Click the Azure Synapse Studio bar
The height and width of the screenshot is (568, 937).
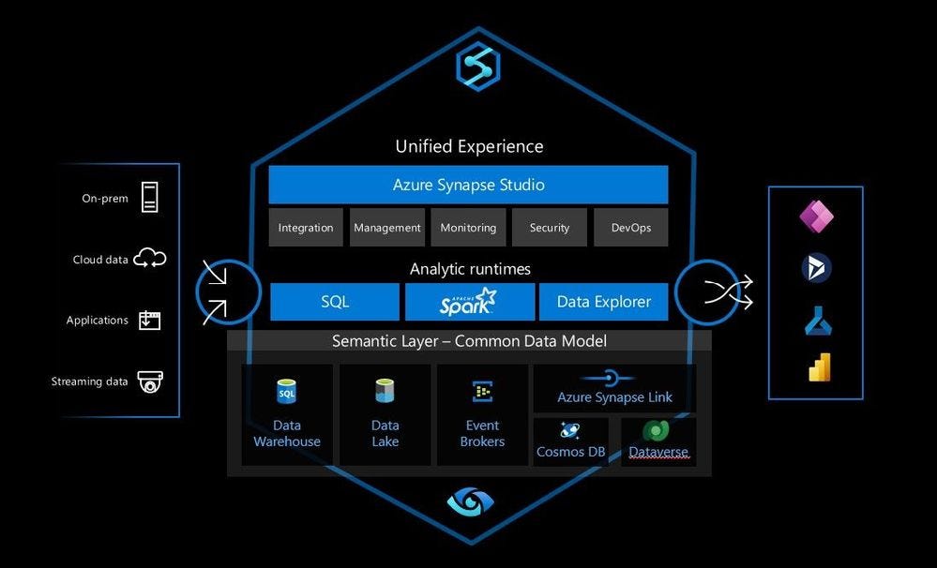[469, 185]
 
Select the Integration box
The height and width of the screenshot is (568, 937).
[306, 228]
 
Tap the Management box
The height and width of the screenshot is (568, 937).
[387, 228]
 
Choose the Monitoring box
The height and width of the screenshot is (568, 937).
[468, 228]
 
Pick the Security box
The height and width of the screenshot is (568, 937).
[550, 228]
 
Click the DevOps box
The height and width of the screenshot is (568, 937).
[631, 228]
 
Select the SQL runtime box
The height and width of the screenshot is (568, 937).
[335, 302]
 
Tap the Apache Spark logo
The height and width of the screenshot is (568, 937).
[469, 302]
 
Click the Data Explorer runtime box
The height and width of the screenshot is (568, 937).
[603, 302]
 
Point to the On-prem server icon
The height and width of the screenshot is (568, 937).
[149, 197]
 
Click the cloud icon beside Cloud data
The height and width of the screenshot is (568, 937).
[149, 258]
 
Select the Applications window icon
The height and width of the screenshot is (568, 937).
[149, 321]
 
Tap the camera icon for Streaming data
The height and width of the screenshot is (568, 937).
[149, 381]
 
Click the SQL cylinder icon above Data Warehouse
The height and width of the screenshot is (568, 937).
[287, 391]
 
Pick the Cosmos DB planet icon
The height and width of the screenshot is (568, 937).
[569, 430]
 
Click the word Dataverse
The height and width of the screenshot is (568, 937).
[658, 452]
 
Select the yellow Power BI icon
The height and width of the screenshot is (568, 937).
[819, 367]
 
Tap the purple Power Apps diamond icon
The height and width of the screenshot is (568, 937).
[816, 216]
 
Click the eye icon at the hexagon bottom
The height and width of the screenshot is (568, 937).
[471, 501]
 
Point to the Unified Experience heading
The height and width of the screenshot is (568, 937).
[470, 146]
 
